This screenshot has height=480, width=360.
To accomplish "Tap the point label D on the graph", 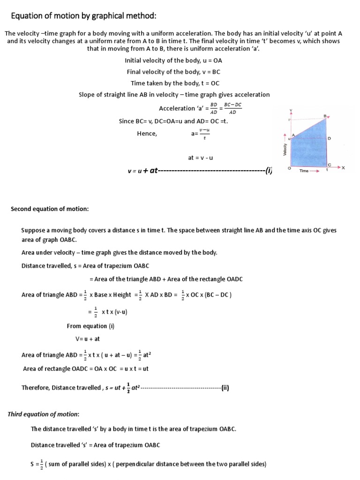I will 329,139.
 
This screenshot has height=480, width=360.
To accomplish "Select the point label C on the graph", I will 329,165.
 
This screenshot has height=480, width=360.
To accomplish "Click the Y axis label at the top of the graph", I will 291,111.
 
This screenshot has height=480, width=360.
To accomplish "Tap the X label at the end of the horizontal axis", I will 343,168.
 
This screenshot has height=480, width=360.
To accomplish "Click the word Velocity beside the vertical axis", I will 285,150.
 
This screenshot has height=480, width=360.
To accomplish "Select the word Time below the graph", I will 304,171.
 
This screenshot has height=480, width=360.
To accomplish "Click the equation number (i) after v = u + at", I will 268,171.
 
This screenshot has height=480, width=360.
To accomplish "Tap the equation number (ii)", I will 225,388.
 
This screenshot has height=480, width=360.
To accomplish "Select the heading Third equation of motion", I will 44,414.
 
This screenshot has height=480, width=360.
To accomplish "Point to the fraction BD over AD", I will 214,108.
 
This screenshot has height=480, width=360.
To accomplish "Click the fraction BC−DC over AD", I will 232,108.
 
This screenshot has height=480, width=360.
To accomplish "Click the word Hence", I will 147,134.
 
